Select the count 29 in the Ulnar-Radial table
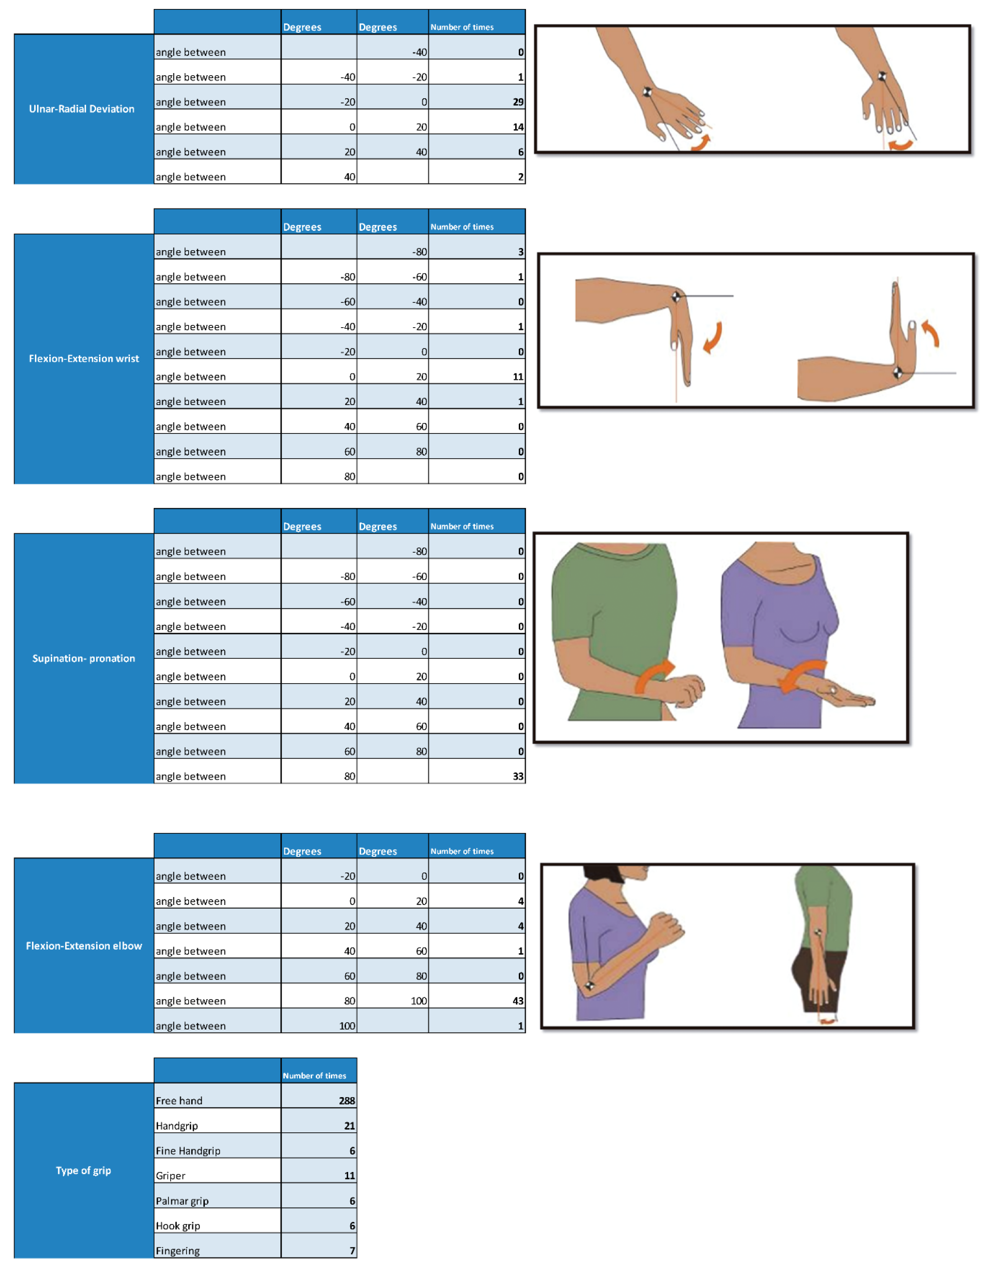[518, 102]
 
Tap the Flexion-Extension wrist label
[84, 359]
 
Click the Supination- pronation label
[84, 658]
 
